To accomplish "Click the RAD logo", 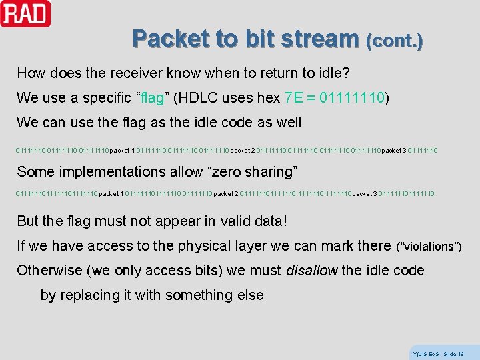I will tap(25, 13).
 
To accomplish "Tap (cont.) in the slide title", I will tap(394, 41).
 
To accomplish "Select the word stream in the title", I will tap(319, 39).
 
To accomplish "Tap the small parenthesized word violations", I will tap(429, 247).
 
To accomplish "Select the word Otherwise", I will tap(49, 271).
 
